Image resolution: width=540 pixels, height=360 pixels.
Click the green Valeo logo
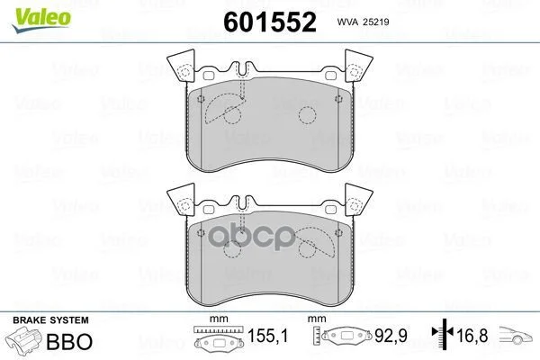(x=41, y=20)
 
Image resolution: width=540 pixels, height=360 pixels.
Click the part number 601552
(x=270, y=22)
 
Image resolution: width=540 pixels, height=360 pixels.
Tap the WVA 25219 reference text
(x=363, y=22)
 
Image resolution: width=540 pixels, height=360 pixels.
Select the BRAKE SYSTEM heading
(x=50, y=320)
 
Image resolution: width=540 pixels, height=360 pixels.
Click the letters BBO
(x=69, y=341)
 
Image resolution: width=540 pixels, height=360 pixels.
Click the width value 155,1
(x=267, y=336)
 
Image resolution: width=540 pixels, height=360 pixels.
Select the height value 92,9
(x=391, y=336)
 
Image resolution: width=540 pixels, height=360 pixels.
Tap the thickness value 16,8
(x=472, y=336)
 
